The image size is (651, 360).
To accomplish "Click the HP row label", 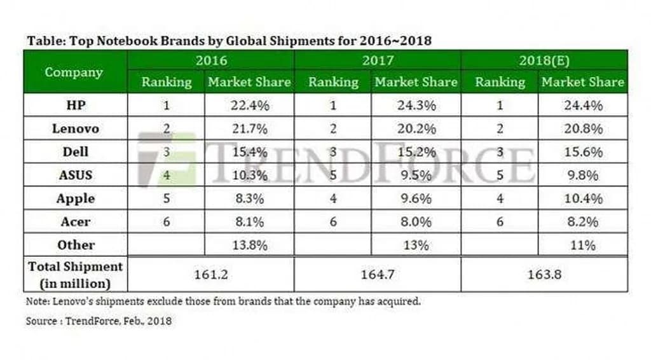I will pos(75,105).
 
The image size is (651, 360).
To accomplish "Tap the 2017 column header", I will pos(378,61).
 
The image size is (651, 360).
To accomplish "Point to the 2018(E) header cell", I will pos(544,61).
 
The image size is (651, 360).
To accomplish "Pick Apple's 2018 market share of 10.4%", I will pos(582,198).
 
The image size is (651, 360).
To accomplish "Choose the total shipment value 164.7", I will pos(378,274).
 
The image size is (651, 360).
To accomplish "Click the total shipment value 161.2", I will pos(210,274).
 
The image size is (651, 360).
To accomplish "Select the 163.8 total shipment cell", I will pos(544,274).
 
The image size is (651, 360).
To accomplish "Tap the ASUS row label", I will pos(75,175).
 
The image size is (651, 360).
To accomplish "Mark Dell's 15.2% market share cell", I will pos(416,152).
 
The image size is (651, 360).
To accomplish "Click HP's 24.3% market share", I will pos(416,105).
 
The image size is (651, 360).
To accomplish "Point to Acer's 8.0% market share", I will pos(416,221).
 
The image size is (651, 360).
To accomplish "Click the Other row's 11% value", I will pos(582,245).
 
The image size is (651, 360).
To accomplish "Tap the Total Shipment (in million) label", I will pos(75,274).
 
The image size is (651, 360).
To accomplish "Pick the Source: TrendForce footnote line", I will pos(99,321).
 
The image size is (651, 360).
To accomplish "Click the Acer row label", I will pos(75,221).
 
